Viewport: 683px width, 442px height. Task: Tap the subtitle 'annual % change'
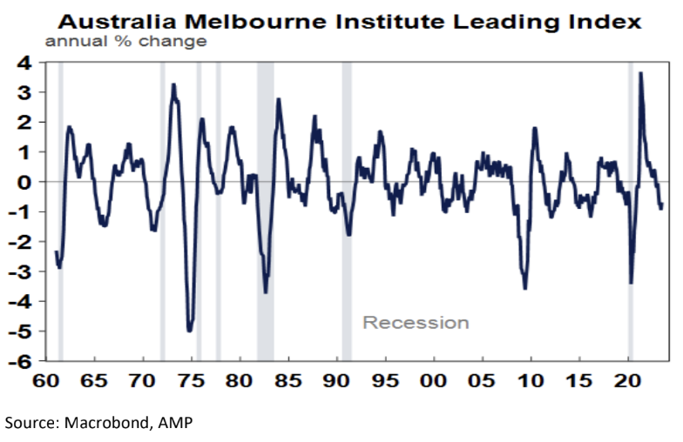pyautogui.click(x=125, y=41)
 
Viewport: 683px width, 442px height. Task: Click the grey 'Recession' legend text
pyautogui.click(x=416, y=323)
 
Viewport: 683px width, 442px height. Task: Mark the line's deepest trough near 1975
pyautogui.click(x=190, y=330)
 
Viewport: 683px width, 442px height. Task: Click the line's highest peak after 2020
pyautogui.click(x=641, y=74)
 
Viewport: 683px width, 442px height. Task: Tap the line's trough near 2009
pyautogui.click(x=524, y=287)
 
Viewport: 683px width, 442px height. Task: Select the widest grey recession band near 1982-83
pyautogui.click(x=265, y=209)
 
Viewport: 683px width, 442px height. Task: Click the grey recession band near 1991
pyautogui.click(x=346, y=209)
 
